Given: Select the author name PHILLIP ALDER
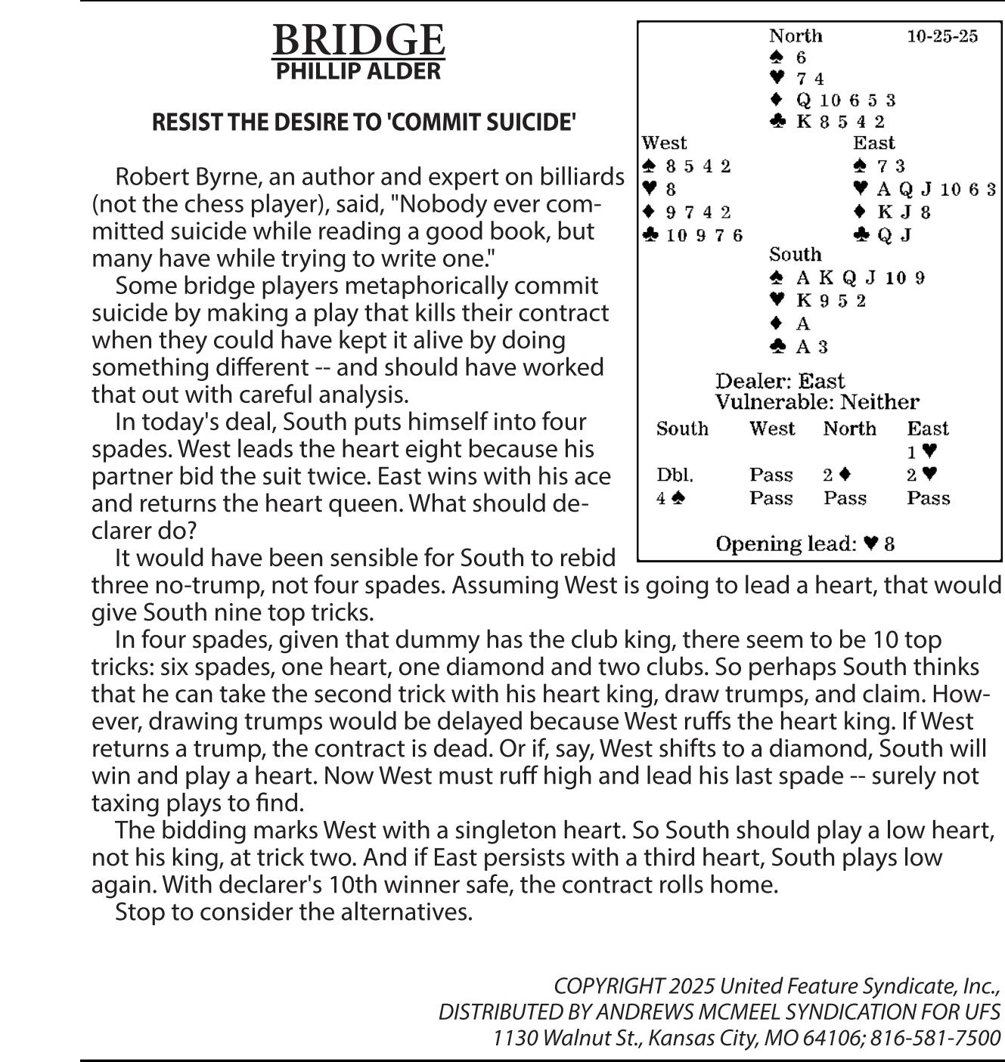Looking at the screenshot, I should [x=358, y=72].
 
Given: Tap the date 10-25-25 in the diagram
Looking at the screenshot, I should [x=941, y=36].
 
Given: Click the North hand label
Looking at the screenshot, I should [x=796, y=36].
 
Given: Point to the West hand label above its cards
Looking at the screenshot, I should [x=664, y=143].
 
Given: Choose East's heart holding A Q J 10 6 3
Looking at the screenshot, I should [x=935, y=189].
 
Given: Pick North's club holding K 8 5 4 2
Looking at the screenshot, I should [x=839, y=122].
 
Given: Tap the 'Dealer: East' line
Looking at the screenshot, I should [x=780, y=380].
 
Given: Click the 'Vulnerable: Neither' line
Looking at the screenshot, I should [x=817, y=402].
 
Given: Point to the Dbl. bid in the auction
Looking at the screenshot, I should [x=675, y=475].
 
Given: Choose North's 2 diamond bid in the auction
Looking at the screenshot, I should [x=837, y=475].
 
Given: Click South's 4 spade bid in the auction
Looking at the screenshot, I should [x=671, y=499].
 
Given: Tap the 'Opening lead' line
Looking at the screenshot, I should [x=805, y=544].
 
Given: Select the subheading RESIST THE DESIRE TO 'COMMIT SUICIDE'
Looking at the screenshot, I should [x=364, y=122].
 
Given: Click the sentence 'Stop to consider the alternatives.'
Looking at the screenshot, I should [x=293, y=912].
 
